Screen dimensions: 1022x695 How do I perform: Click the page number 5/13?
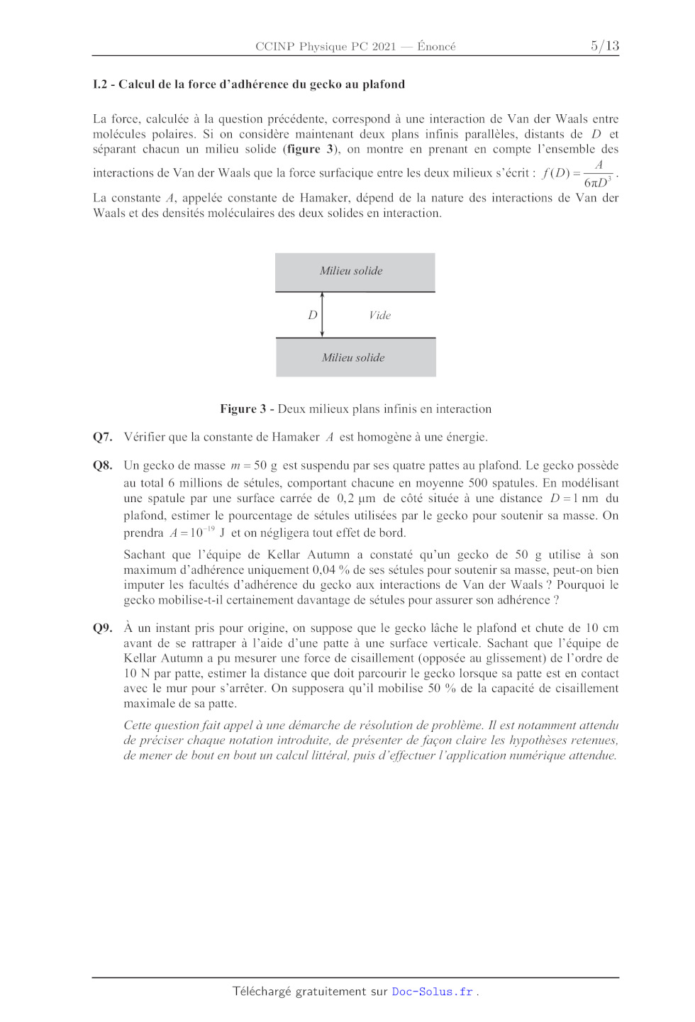coord(605,46)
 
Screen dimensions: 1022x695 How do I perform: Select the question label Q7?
coord(102,437)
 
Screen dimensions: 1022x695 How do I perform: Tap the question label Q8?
coord(102,465)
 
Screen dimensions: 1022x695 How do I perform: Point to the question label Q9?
coord(102,628)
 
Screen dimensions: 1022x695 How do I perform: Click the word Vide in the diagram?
coord(380,315)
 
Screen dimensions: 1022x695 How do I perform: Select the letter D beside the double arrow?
coord(312,315)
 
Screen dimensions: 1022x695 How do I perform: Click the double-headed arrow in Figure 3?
coord(322,315)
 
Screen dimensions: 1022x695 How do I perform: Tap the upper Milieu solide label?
coord(351,271)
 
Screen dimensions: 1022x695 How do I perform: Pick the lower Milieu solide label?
coord(353,357)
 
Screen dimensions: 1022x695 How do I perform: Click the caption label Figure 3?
coord(243,409)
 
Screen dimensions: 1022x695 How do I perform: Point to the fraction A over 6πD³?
coord(598,174)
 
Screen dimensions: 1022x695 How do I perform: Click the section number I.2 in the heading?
coord(100,84)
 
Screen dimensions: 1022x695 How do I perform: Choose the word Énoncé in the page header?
coord(436,46)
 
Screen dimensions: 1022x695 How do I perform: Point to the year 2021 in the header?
coord(384,46)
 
